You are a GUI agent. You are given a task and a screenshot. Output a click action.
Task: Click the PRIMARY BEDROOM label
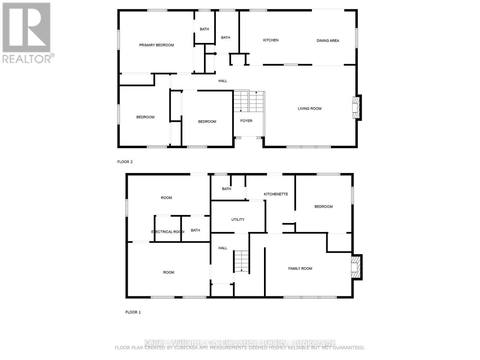(x=156, y=45)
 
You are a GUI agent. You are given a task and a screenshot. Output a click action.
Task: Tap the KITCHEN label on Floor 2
(x=271, y=40)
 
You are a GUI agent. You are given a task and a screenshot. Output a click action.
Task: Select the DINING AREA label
(x=328, y=40)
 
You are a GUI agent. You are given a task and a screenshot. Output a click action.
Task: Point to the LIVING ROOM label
(x=309, y=109)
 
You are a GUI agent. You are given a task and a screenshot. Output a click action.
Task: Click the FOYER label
(x=246, y=121)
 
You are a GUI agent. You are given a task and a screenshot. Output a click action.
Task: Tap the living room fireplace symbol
(x=356, y=107)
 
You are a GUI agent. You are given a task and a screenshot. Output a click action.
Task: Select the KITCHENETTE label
(x=276, y=194)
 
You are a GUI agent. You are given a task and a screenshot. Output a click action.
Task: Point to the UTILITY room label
(x=238, y=220)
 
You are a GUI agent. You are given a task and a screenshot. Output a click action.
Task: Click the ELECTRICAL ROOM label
(x=167, y=232)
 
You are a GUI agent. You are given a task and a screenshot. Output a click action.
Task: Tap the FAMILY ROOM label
(x=300, y=268)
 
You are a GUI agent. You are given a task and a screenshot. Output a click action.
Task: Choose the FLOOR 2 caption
(x=125, y=162)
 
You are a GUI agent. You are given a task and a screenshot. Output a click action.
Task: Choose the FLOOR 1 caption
(x=133, y=312)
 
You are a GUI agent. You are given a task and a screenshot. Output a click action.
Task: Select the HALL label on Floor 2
(x=223, y=81)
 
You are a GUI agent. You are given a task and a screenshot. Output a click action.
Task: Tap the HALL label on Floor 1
(x=223, y=248)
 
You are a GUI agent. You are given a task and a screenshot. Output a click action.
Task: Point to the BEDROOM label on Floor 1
(x=323, y=206)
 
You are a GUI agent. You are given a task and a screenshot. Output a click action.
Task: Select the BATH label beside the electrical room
(x=195, y=230)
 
